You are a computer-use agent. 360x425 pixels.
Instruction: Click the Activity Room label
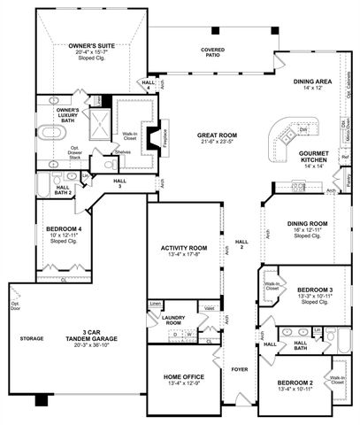pyautogui.click(x=183, y=248)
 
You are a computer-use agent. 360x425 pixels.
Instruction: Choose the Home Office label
pyautogui.click(x=185, y=376)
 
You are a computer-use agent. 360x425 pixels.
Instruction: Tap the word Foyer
pyautogui.click(x=240, y=367)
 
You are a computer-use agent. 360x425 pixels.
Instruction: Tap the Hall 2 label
pyautogui.click(x=241, y=243)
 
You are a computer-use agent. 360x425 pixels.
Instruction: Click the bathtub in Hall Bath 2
pyautogui.click(x=43, y=184)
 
